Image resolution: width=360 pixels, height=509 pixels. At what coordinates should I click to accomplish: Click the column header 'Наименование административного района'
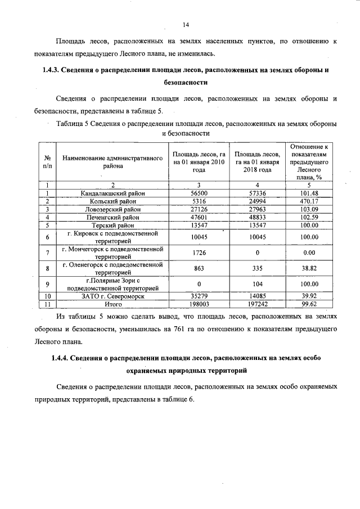coord(112,163)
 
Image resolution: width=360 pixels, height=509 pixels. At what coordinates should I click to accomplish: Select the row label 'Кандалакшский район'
coord(112,193)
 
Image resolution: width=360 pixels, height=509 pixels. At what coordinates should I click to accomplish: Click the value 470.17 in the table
coord(308,201)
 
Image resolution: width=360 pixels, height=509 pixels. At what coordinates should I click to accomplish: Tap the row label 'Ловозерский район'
coord(112,209)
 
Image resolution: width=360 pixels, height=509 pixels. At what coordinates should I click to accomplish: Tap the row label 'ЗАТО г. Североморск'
coord(112,295)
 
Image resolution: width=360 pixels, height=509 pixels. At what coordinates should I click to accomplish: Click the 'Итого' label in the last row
coord(112,303)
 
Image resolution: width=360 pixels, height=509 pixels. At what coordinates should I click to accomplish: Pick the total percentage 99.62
coord(308,303)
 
